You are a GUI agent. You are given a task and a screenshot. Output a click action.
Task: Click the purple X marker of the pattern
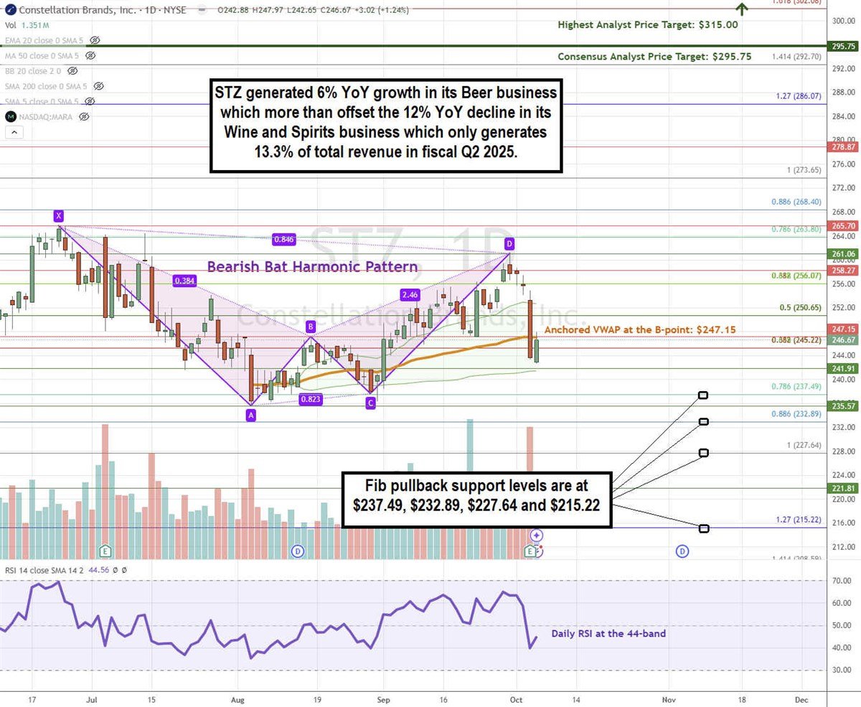pos(58,215)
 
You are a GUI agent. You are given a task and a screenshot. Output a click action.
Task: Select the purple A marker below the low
pos(250,414)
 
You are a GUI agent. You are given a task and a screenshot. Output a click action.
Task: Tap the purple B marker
pos(311,327)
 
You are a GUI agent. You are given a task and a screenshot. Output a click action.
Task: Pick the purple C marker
pos(370,403)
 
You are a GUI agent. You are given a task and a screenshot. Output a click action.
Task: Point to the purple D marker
pos(509,243)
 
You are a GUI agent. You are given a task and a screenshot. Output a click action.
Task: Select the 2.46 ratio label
pos(410,294)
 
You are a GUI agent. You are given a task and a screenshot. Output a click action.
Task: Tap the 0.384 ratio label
pos(185,281)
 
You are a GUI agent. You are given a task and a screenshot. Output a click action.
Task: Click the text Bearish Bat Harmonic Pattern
pos(312,267)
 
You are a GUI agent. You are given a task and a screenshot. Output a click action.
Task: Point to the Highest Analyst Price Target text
pos(648,24)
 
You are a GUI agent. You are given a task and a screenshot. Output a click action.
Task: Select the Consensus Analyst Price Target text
pos(654,56)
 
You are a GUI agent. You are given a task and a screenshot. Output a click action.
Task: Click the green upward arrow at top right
pos(742,9)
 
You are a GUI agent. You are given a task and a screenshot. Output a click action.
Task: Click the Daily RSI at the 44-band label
pos(608,634)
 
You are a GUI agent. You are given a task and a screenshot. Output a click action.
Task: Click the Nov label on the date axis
pos(668,698)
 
